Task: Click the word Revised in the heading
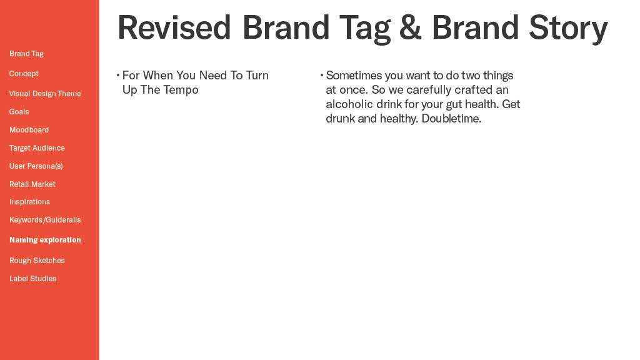pos(174,27)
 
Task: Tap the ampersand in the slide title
pos(410,27)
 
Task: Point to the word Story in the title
pos(568,29)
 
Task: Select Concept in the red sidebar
pos(24,74)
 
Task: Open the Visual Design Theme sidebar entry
pos(45,94)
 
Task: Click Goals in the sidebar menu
pos(19,111)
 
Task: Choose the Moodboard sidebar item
pos(29,130)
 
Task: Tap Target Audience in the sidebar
pos(37,147)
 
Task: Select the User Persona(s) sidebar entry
pos(36,166)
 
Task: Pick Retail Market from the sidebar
pos(32,184)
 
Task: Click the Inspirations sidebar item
pos(29,202)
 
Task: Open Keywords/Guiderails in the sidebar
pos(45,219)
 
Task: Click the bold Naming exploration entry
pos(45,240)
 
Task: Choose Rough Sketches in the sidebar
pos(37,261)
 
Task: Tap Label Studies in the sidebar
pos(32,278)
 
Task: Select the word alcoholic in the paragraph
pos(349,104)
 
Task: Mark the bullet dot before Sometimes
pos(322,75)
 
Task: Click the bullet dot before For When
pos(118,75)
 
